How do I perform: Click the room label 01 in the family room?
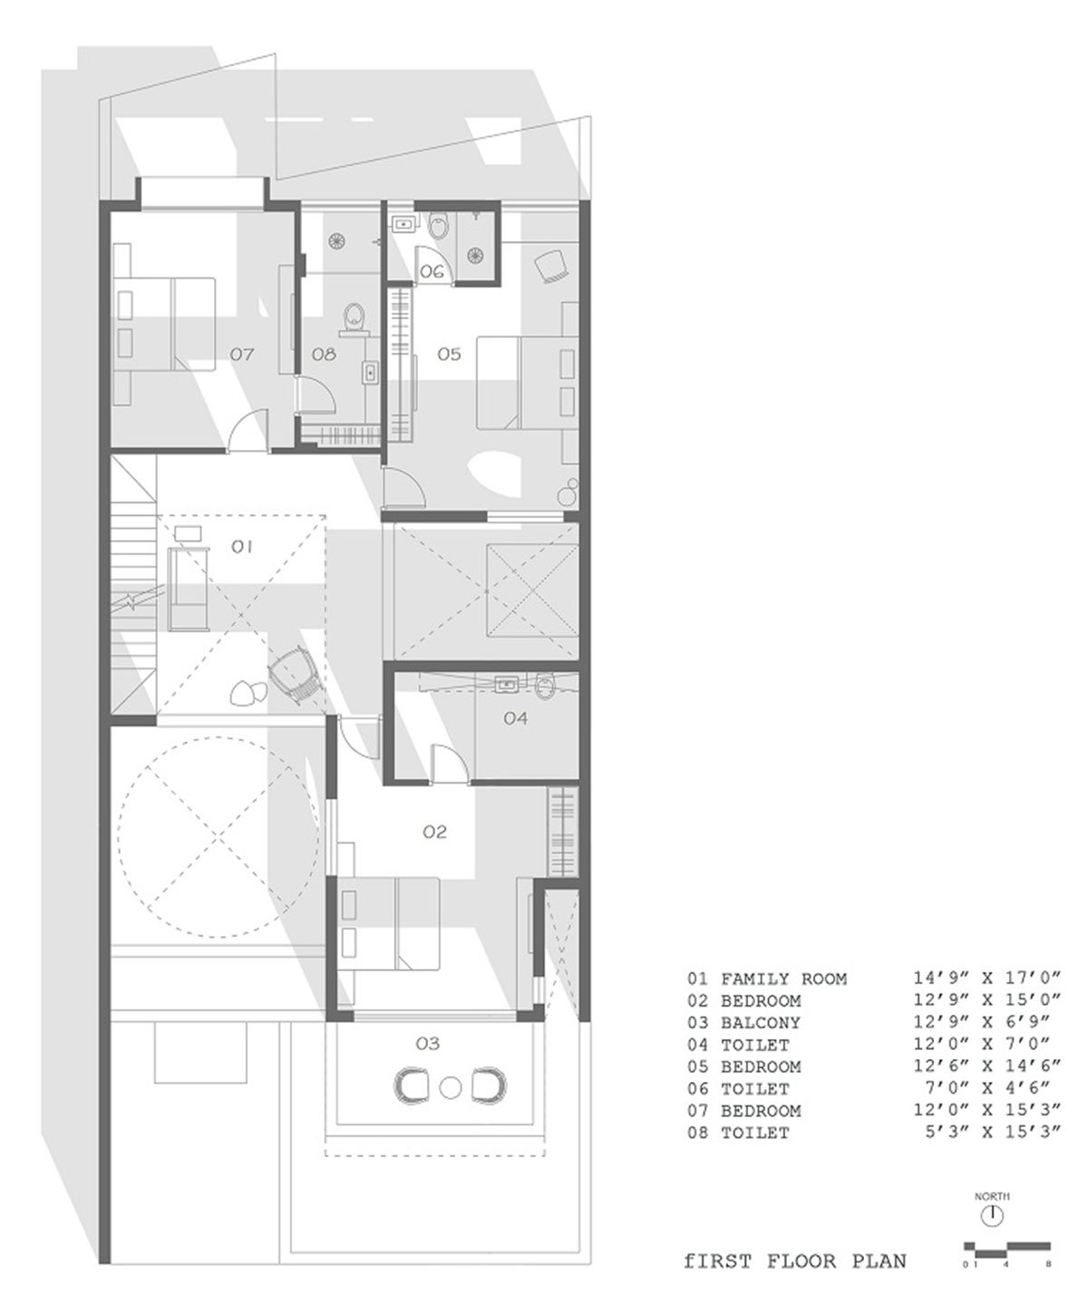tap(241, 547)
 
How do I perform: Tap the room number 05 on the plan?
tap(449, 354)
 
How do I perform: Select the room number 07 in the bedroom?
tap(242, 354)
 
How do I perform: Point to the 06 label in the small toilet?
tap(432, 272)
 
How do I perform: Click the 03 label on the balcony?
tap(428, 1043)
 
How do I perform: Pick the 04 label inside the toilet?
tap(515, 718)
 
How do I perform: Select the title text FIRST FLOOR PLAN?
tap(794, 1260)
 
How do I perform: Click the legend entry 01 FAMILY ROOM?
tap(767, 978)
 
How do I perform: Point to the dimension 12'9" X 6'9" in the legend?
tap(981, 1023)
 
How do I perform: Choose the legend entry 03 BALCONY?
tap(743, 1023)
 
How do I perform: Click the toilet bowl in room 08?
tap(355, 316)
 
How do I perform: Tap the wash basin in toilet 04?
tap(505, 685)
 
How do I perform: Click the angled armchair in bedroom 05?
tap(551, 267)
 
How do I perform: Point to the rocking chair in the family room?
tap(295, 676)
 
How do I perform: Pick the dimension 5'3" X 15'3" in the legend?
tap(992, 1133)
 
